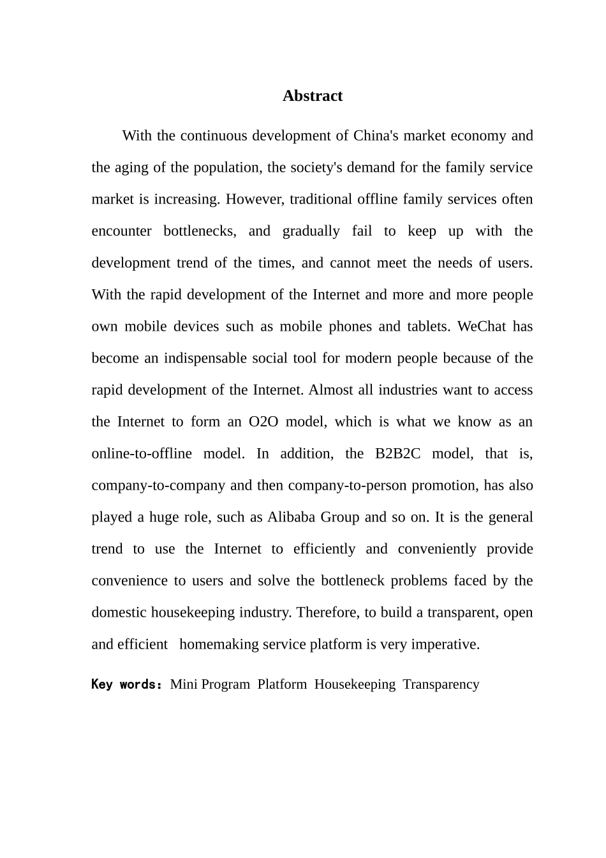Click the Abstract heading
(313, 96)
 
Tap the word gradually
(311, 231)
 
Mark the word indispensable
(205, 358)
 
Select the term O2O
(263, 422)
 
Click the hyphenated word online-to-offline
(142, 454)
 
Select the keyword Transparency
(441, 684)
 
